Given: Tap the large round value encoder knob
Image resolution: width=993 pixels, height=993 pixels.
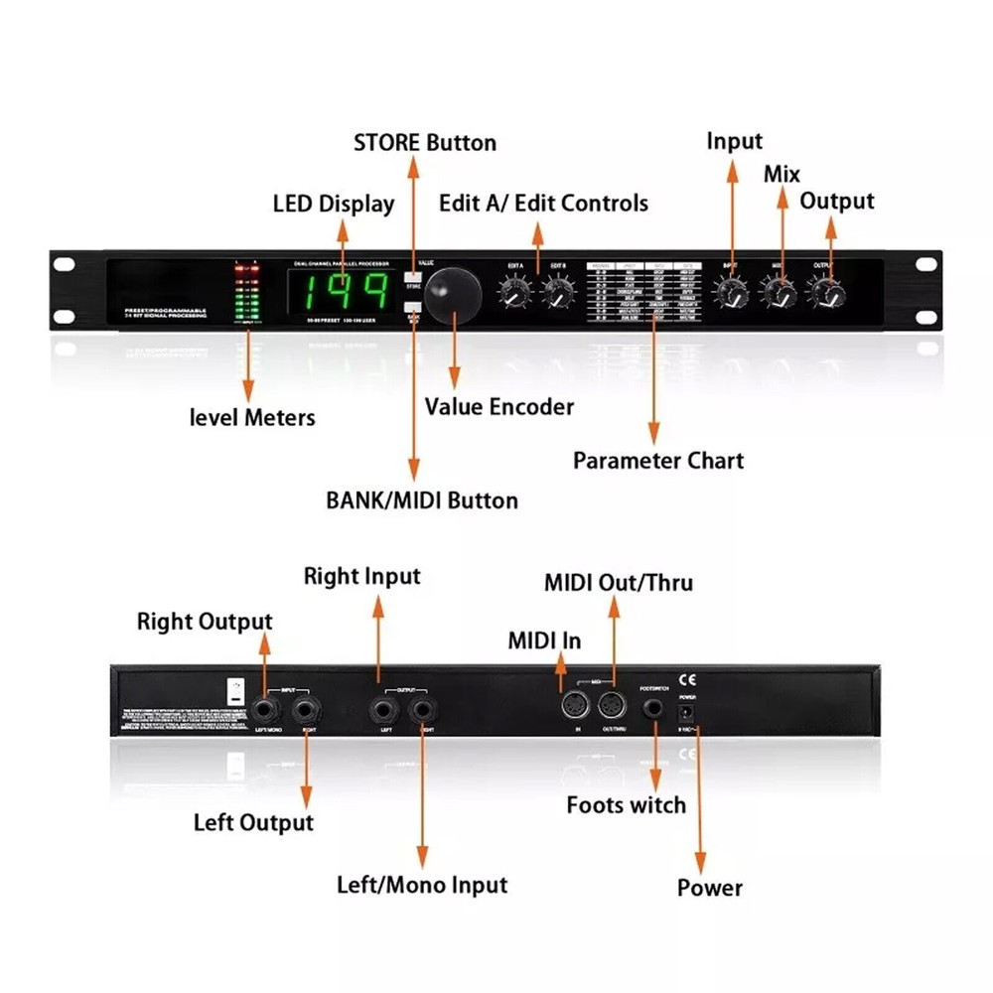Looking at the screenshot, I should (454, 292).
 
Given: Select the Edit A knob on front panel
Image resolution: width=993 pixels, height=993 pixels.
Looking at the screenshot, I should (514, 292).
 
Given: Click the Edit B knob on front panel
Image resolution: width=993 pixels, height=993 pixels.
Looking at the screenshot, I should (557, 292).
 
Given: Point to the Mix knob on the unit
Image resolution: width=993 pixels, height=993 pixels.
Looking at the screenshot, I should (779, 292).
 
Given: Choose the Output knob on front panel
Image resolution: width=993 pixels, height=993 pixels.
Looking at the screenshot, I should (826, 292).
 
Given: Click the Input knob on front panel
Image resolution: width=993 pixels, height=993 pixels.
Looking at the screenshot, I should (731, 292).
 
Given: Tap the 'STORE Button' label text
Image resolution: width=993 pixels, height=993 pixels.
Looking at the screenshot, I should (425, 143).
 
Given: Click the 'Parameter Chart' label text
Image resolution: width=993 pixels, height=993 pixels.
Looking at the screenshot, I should (657, 461).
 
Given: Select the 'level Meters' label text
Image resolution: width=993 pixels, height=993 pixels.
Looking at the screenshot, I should (252, 417).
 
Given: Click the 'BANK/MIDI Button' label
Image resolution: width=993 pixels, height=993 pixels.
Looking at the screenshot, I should (422, 500).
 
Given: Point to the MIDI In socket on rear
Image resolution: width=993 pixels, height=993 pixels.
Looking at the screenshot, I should (575, 708).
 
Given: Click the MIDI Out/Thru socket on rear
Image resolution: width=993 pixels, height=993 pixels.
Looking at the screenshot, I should (610, 708).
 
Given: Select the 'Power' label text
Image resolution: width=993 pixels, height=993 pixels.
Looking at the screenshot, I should (710, 888).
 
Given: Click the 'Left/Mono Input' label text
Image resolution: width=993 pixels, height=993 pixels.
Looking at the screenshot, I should (422, 885).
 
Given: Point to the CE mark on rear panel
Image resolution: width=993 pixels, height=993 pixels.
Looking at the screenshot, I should (686, 681).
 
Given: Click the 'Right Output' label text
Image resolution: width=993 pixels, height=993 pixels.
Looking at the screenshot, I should (205, 622).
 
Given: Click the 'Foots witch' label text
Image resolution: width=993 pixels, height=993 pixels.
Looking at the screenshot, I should (627, 804).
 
